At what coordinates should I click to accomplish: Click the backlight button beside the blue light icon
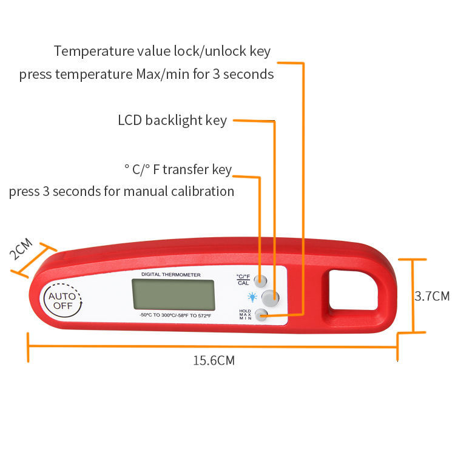271,297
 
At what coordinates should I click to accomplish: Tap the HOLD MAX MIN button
261,314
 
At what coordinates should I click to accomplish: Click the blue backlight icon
249,297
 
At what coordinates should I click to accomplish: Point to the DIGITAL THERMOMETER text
170,275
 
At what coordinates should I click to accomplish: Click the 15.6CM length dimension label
214,361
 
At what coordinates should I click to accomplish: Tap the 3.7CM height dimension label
432,296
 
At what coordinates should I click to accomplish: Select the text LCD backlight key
172,120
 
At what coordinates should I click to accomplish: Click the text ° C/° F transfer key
178,169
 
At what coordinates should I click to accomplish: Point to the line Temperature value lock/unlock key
163,51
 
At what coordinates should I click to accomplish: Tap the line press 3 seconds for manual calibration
121,192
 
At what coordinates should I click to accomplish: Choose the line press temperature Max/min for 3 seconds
146,75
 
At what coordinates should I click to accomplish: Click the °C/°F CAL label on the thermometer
243,280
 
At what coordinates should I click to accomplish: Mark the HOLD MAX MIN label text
245,314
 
